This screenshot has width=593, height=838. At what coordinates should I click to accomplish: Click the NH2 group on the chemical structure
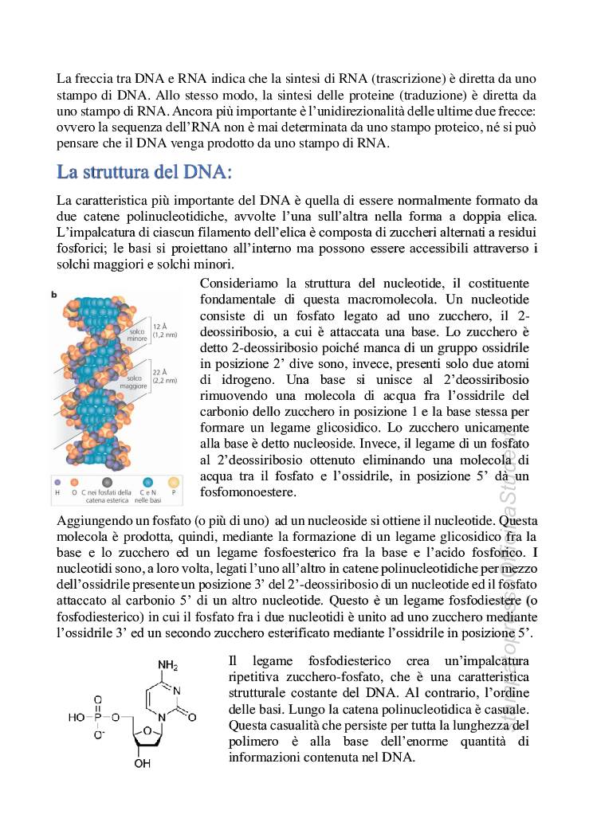pyautogui.click(x=167, y=665)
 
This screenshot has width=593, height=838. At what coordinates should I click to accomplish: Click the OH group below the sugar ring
pyautogui.click(x=142, y=764)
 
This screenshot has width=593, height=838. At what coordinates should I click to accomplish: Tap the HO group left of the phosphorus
pyautogui.click(x=76, y=717)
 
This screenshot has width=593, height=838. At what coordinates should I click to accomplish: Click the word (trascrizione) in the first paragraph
pyautogui.click(x=407, y=80)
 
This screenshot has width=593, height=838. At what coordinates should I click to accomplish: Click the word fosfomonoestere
pyautogui.click(x=248, y=492)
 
